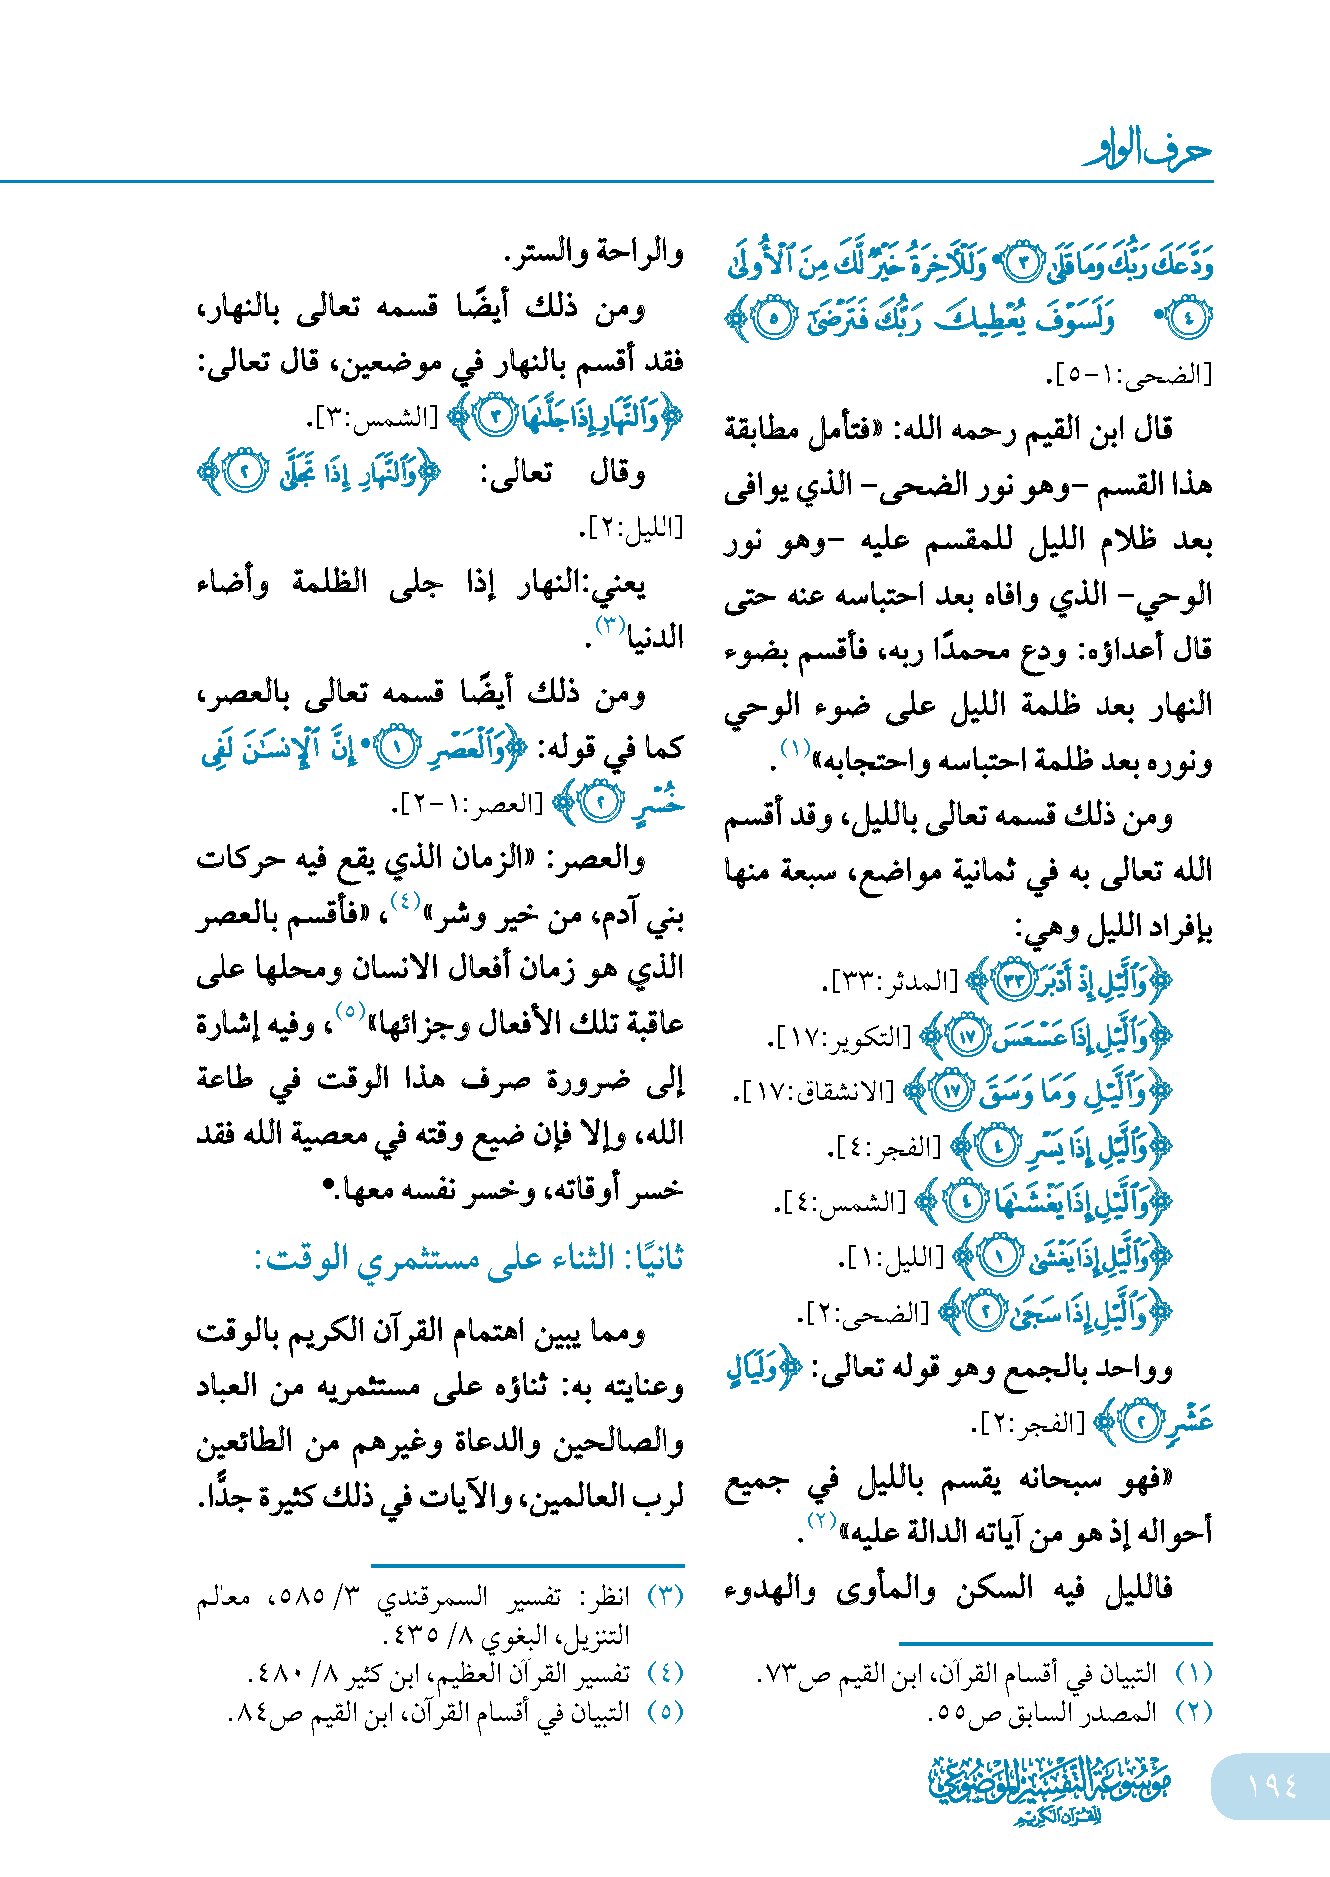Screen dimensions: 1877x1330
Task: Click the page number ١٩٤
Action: point(1271,1786)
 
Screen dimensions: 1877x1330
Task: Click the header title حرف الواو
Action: point(1147,151)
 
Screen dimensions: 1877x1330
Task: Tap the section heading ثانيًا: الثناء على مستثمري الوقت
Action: point(469,1258)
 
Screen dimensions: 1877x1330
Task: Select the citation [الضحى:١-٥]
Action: point(1129,376)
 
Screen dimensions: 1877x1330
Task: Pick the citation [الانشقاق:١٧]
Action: point(814,1092)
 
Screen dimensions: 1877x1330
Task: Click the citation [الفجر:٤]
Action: point(886,1148)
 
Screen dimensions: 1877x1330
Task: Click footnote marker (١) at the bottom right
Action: point(1194,1674)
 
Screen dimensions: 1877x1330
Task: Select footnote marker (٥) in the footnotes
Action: point(665,1712)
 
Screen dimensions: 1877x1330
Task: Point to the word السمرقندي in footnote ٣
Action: point(432,1597)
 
